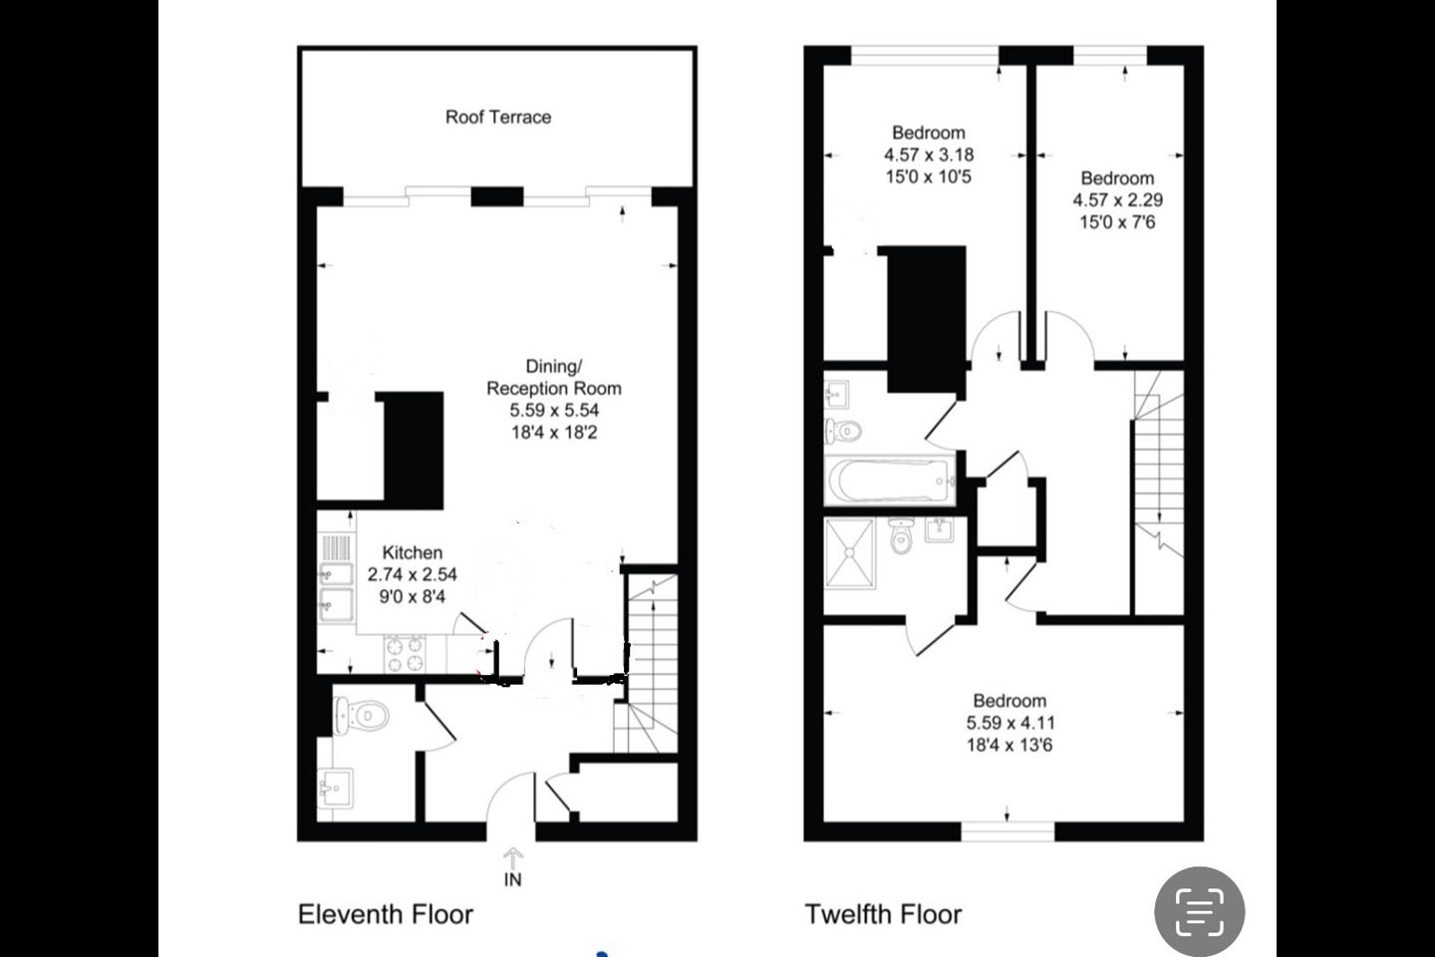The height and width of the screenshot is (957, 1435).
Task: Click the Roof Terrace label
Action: [498, 118]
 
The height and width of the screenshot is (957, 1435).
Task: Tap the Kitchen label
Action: [412, 552]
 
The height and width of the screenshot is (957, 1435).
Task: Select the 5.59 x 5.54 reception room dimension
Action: [554, 411]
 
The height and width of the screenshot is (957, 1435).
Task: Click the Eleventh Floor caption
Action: [385, 914]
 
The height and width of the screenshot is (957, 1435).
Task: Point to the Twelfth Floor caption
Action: [883, 914]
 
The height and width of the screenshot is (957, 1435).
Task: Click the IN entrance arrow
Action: [512, 859]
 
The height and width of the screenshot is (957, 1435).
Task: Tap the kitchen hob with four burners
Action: [405, 654]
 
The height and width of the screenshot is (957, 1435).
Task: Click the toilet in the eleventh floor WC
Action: [362, 715]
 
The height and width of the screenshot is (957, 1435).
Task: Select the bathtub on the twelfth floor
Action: [889, 479]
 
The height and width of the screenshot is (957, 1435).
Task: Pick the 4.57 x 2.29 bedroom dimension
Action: [1118, 200]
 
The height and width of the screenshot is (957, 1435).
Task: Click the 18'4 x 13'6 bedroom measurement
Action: [1009, 746]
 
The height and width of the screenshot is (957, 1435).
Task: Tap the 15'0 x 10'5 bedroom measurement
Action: [929, 176]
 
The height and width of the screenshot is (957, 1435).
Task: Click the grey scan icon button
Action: [1199, 911]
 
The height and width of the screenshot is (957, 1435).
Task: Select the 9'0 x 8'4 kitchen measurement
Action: [412, 597]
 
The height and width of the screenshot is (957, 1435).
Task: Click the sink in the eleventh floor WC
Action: [335, 788]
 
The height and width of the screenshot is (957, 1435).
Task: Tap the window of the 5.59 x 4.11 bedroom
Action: [1007, 831]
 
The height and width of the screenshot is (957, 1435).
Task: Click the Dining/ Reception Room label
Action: [554, 378]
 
